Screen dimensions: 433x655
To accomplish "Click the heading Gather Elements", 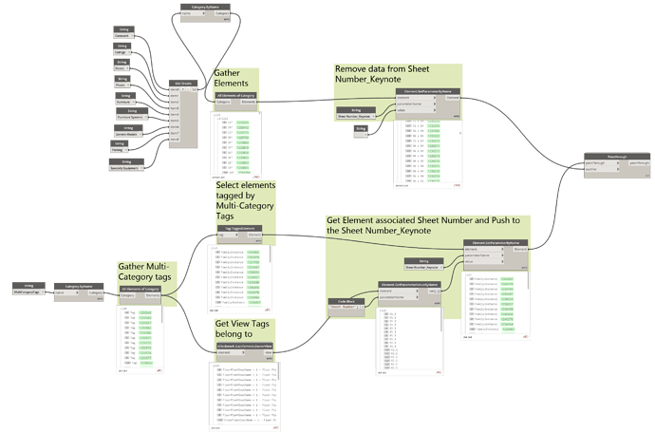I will [x=234, y=79].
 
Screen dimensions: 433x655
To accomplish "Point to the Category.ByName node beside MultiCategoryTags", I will [x=84, y=290].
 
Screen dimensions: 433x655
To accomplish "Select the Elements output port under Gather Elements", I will [x=248, y=103].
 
